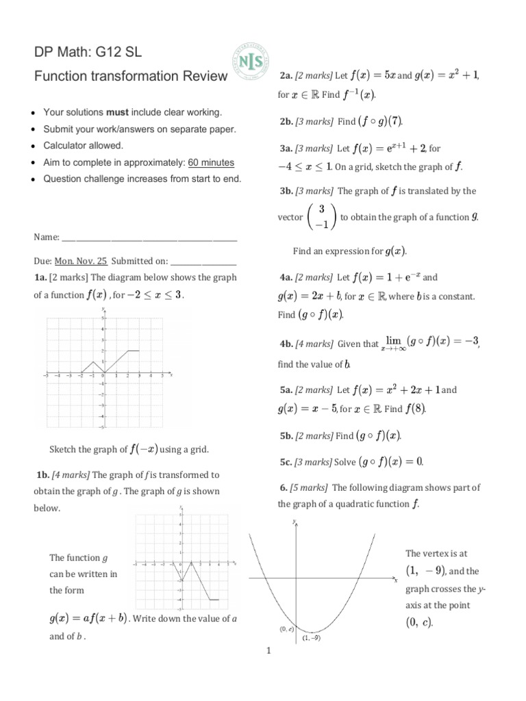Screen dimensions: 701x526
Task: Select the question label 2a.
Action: click(x=286, y=75)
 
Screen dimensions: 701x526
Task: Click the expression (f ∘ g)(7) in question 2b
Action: click(x=380, y=122)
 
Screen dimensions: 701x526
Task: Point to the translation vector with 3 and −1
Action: click(x=321, y=216)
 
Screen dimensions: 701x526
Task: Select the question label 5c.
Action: click(x=286, y=462)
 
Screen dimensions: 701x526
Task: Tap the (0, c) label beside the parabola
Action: click(x=287, y=628)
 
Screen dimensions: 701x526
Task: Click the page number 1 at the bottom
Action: click(x=268, y=651)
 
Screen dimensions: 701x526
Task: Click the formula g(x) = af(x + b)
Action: click(x=88, y=619)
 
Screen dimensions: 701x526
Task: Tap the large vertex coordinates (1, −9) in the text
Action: click(x=425, y=570)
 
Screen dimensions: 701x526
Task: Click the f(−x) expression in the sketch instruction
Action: click(x=144, y=450)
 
